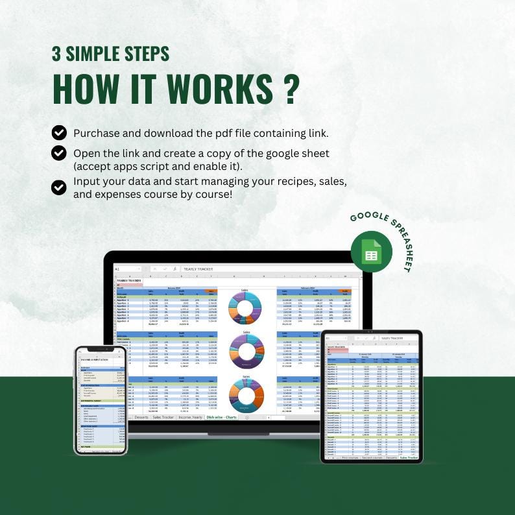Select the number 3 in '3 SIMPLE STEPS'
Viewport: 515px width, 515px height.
[x=56, y=54]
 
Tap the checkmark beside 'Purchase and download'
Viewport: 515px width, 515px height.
[x=59, y=133]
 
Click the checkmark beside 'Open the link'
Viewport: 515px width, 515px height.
[x=59, y=153]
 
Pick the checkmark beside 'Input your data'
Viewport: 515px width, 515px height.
[x=59, y=187]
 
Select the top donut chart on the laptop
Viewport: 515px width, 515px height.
[x=246, y=307]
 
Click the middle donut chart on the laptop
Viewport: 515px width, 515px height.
[x=246, y=352]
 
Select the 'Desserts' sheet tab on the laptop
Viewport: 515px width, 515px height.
[x=141, y=417]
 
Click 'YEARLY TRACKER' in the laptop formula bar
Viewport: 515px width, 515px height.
[x=198, y=269]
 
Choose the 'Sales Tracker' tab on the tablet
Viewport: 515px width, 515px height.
[x=409, y=458]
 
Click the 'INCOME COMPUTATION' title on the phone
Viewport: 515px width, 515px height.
[x=95, y=359]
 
